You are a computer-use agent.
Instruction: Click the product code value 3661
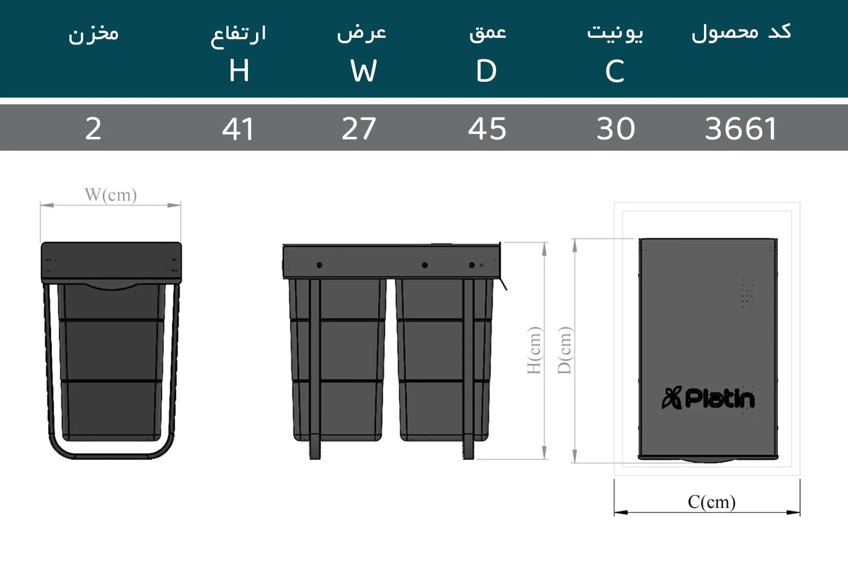[740, 129]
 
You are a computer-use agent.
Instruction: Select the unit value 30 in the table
[615, 129]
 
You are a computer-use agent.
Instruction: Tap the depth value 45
[487, 129]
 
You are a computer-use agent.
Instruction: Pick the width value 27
[359, 129]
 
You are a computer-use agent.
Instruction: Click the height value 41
[238, 129]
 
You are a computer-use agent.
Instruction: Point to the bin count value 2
[93, 129]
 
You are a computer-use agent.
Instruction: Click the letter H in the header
[239, 71]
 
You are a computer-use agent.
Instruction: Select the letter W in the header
[363, 71]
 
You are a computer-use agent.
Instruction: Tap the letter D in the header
[486, 71]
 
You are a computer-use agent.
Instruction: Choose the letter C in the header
[614, 71]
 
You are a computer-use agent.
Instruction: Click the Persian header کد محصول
[741, 33]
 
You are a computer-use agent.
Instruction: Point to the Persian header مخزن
[93, 33]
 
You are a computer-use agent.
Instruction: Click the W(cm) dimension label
[111, 195]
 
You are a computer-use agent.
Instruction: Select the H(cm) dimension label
[534, 350]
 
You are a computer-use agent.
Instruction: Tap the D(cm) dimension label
[565, 350]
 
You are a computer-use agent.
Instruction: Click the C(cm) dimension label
[711, 501]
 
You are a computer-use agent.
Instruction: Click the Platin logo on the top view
[708, 399]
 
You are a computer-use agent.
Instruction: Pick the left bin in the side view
[338, 359]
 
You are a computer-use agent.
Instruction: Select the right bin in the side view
[445, 359]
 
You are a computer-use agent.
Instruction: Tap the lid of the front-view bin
[111, 261]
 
